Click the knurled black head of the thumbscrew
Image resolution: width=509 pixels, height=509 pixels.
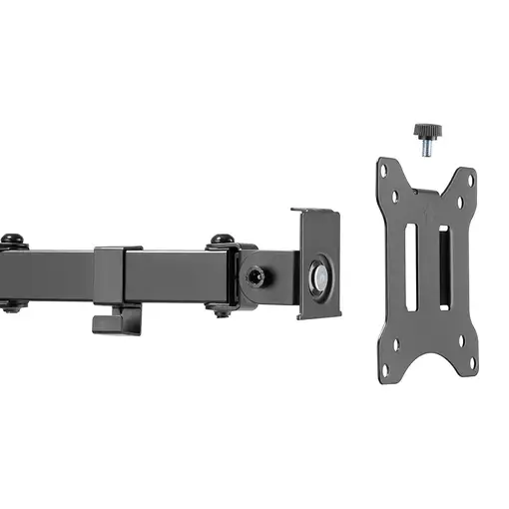point(427,130)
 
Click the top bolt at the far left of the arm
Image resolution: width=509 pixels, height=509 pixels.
point(13,240)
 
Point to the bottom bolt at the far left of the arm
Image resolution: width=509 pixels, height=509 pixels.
point(13,306)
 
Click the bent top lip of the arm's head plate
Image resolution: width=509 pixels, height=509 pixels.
point(315,213)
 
